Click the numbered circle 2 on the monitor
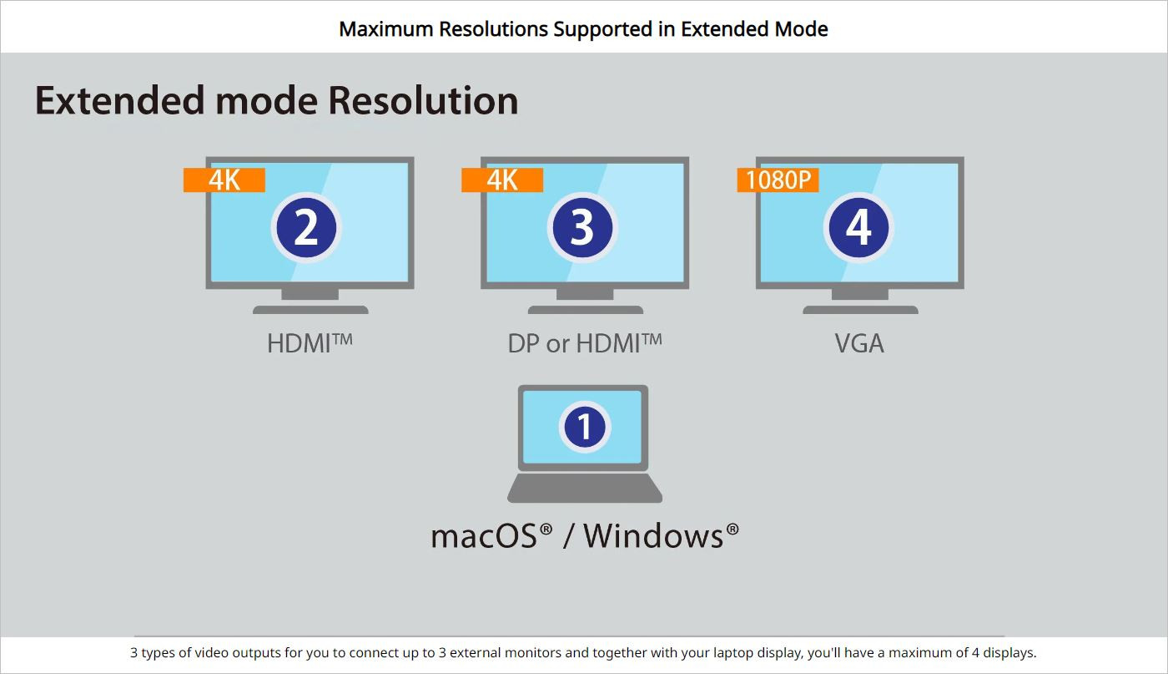[x=306, y=228]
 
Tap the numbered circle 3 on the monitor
[x=582, y=228]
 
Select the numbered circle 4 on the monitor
[x=858, y=228]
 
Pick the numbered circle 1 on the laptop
[x=585, y=427]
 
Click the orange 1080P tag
[x=778, y=180]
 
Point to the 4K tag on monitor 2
[x=224, y=180]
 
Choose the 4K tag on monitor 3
[x=502, y=180]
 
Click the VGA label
[x=859, y=343]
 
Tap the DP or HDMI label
[x=585, y=343]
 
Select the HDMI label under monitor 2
[x=310, y=343]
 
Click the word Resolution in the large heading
[x=423, y=100]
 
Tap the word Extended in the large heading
[x=118, y=100]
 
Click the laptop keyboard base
[x=585, y=488]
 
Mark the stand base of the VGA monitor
[x=860, y=310]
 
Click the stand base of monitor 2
[x=310, y=310]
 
